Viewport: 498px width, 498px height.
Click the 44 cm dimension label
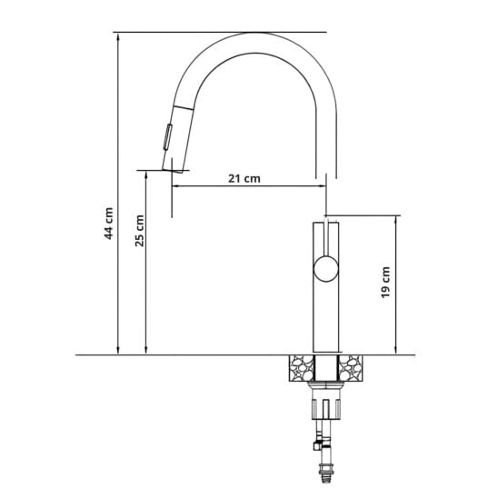click(109, 224)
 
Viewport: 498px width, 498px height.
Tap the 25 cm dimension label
click(139, 231)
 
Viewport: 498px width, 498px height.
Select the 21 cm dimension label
click(244, 178)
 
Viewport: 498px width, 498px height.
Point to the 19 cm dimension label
click(385, 283)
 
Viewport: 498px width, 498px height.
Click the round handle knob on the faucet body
click(326, 269)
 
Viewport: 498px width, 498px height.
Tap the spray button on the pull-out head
click(168, 137)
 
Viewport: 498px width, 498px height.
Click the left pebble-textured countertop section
click(302, 368)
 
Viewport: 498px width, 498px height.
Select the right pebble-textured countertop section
click(351, 368)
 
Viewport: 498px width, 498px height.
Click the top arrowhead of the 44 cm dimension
click(118, 36)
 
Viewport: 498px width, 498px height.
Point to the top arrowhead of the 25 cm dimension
click(145, 174)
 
